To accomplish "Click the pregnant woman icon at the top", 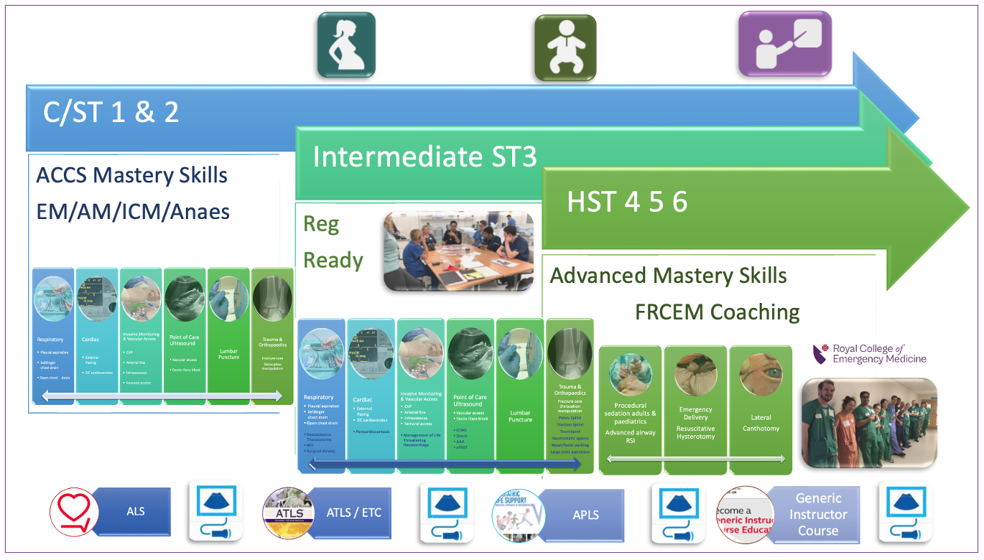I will point(346,45).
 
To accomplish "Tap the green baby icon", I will point(565,47).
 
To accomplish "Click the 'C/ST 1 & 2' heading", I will point(111,113).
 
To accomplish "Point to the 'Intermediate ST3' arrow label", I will point(424,157).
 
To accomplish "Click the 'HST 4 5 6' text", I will point(627,202).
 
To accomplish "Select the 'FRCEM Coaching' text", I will point(717,312).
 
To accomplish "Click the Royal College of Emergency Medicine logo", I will point(870,354).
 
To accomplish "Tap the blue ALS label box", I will point(135,511).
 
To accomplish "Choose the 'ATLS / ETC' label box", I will point(353,513).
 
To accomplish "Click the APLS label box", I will point(585,515).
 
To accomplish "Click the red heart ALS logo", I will point(73,512).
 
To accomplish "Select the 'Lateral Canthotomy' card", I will point(761,409).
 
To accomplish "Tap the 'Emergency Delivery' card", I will point(695,409).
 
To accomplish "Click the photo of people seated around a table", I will point(458,251).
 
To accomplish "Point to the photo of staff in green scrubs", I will point(869,423).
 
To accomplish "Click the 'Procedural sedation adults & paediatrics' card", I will point(630,409).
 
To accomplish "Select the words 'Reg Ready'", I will point(333,243).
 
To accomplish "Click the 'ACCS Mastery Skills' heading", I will point(131,175).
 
